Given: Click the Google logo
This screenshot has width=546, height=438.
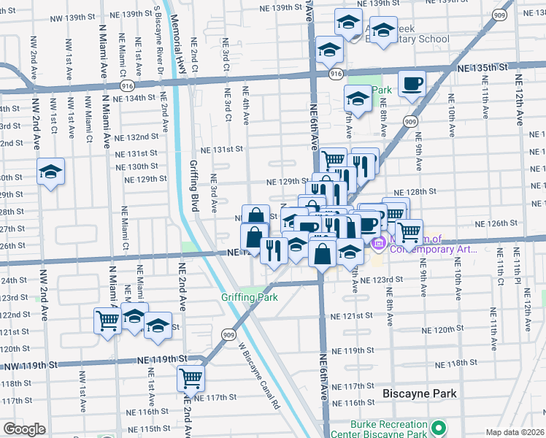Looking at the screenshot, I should point(24,429).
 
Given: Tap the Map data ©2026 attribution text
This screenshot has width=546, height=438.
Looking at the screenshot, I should point(515,432).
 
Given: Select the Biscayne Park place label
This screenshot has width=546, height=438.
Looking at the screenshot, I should point(420,393).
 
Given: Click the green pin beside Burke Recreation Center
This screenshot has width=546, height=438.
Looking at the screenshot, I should point(438,427).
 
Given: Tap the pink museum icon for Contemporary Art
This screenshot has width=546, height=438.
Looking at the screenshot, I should point(380,242).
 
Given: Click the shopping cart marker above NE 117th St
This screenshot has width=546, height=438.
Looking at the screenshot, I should point(191,378).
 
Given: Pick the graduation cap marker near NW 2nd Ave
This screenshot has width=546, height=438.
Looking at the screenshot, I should point(50,172).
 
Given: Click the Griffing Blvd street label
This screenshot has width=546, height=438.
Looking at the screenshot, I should point(194,186).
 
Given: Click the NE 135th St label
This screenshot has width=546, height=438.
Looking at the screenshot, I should point(482,67).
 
